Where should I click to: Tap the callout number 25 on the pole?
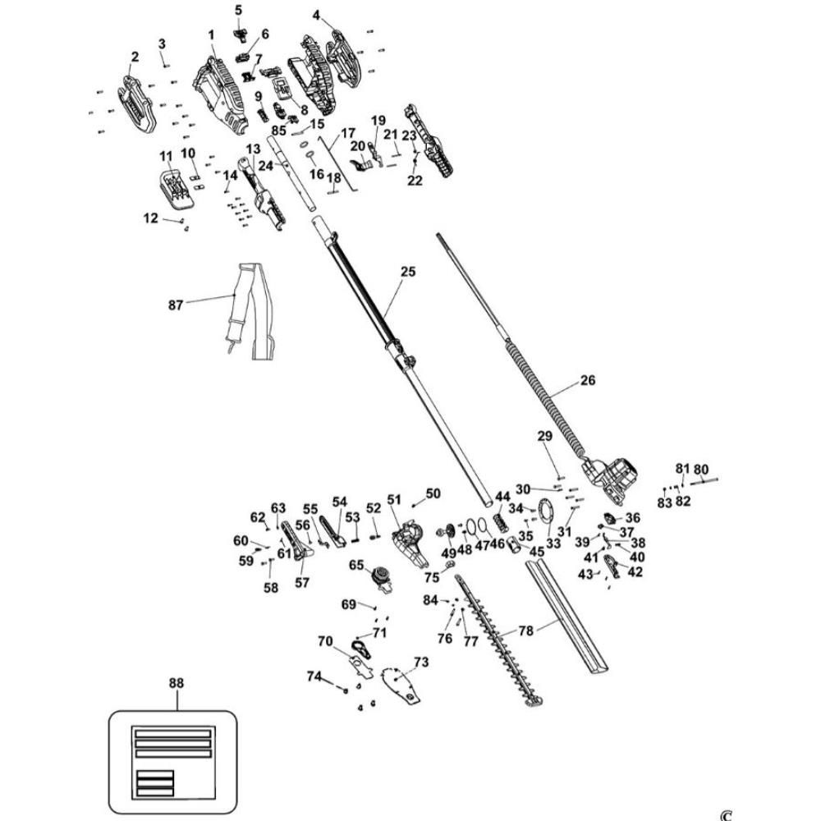click(409, 272)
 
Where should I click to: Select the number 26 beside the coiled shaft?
click(587, 380)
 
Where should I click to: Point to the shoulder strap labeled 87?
click(246, 312)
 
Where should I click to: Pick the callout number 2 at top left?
click(135, 56)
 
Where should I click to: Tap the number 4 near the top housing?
click(317, 15)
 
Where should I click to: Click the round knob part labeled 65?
click(379, 577)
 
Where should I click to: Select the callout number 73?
click(421, 662)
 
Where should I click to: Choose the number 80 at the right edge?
click(701, 470)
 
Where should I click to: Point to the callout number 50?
click(433, 493)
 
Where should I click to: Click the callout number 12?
click(150, 218)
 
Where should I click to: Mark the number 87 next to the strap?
click(176, 305)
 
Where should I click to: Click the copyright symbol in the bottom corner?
click(725, 814)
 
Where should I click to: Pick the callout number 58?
click(272, 588)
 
